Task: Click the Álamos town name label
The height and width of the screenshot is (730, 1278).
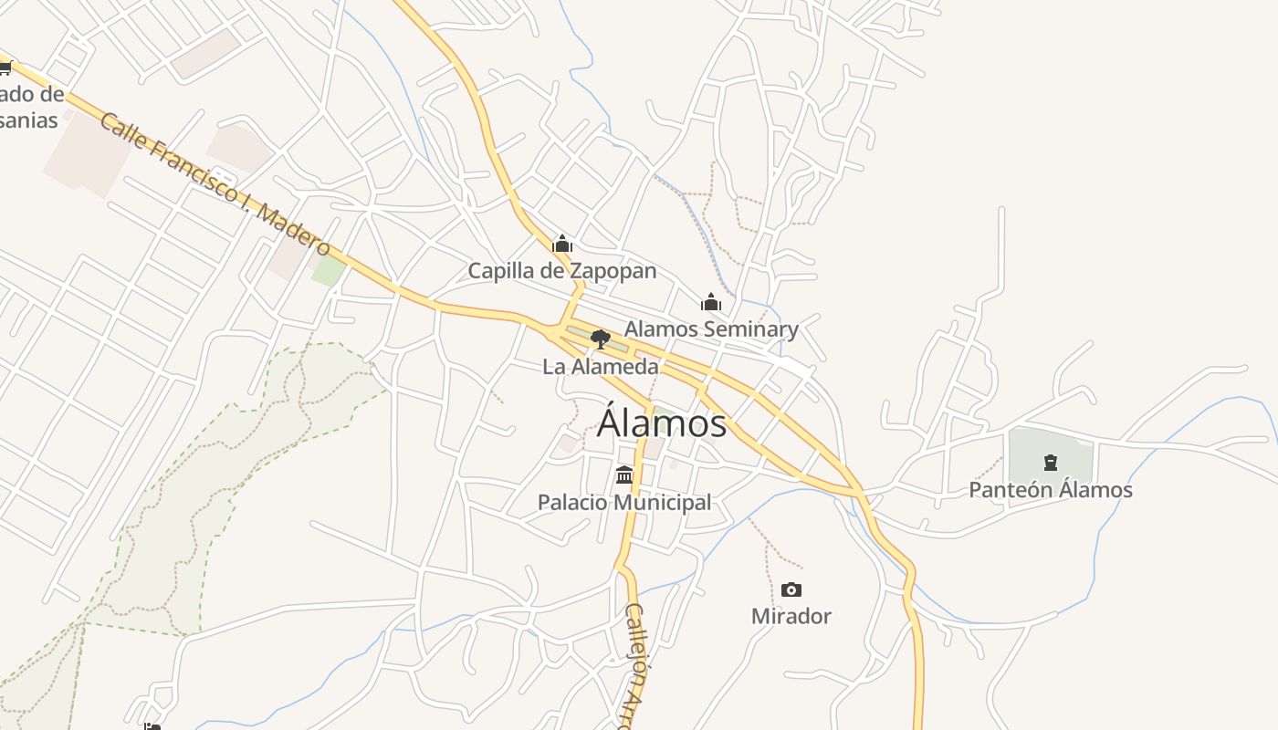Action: (662, 423)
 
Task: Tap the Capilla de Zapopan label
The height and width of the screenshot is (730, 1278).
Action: (561, 271)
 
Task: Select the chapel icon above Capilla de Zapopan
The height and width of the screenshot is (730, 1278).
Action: (562, 244)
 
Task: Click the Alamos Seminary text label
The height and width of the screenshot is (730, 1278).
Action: (711, 328)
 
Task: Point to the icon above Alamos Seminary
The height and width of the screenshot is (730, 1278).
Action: (711, 302)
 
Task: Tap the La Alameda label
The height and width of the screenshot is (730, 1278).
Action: (600, 367)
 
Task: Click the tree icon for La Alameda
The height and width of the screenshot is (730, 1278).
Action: (600, 339)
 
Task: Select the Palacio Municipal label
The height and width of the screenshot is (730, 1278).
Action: (624, 502)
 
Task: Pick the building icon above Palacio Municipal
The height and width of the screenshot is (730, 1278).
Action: (624, 474)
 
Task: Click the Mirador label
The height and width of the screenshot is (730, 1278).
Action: (791, 616)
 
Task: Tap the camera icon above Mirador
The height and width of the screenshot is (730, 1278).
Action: (791, 589)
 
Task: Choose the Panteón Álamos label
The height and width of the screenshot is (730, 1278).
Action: (1050, 490)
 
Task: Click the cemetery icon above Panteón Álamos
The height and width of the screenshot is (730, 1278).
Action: (1050, 463)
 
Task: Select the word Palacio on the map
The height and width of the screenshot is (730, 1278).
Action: (572, 502)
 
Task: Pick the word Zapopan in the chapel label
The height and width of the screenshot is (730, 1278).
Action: (613, 271)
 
